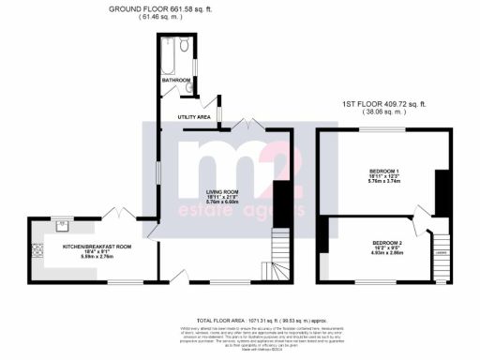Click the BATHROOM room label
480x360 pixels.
[x=176, y=81]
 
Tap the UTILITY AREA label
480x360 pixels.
[x=193, y=116]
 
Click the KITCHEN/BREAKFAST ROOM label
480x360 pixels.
[x=97, y=246]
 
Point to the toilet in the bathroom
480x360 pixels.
[x=185, y=45]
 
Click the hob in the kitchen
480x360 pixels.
[x=38, y=250]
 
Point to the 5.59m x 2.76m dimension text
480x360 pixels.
[x=97, y=257]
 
